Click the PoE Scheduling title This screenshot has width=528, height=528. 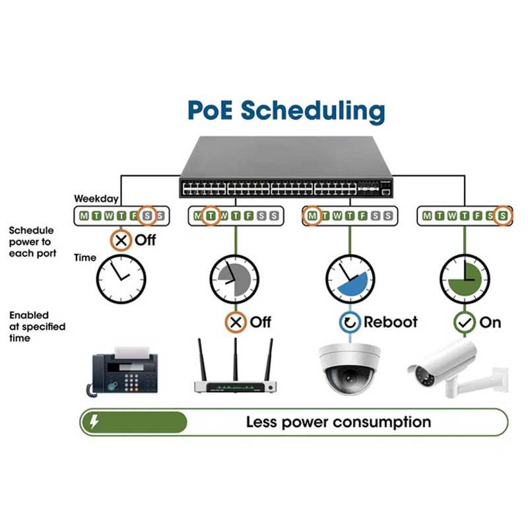(286, 110)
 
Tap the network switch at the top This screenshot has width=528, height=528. (286, 167)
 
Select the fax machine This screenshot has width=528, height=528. (122, 372)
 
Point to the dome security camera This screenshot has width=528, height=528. (350, 369)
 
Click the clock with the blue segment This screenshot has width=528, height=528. (350, 279)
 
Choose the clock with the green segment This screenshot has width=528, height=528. (465, 279)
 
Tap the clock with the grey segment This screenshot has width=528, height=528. (235, 279)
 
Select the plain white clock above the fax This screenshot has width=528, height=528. (121, 279)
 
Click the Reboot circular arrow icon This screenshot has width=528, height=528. (350, 322)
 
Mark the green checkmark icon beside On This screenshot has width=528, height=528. (465, 323)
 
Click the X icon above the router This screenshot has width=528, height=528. (236, 322)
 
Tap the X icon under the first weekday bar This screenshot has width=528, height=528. (121, 240)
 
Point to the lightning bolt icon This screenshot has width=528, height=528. (94, 422)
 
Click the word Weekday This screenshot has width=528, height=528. (96, 199)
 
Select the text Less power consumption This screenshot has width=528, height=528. (339, 422)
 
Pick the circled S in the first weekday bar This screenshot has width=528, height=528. (147, 216)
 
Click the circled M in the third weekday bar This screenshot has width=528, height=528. (312, 216)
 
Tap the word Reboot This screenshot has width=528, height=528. (391, 322)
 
